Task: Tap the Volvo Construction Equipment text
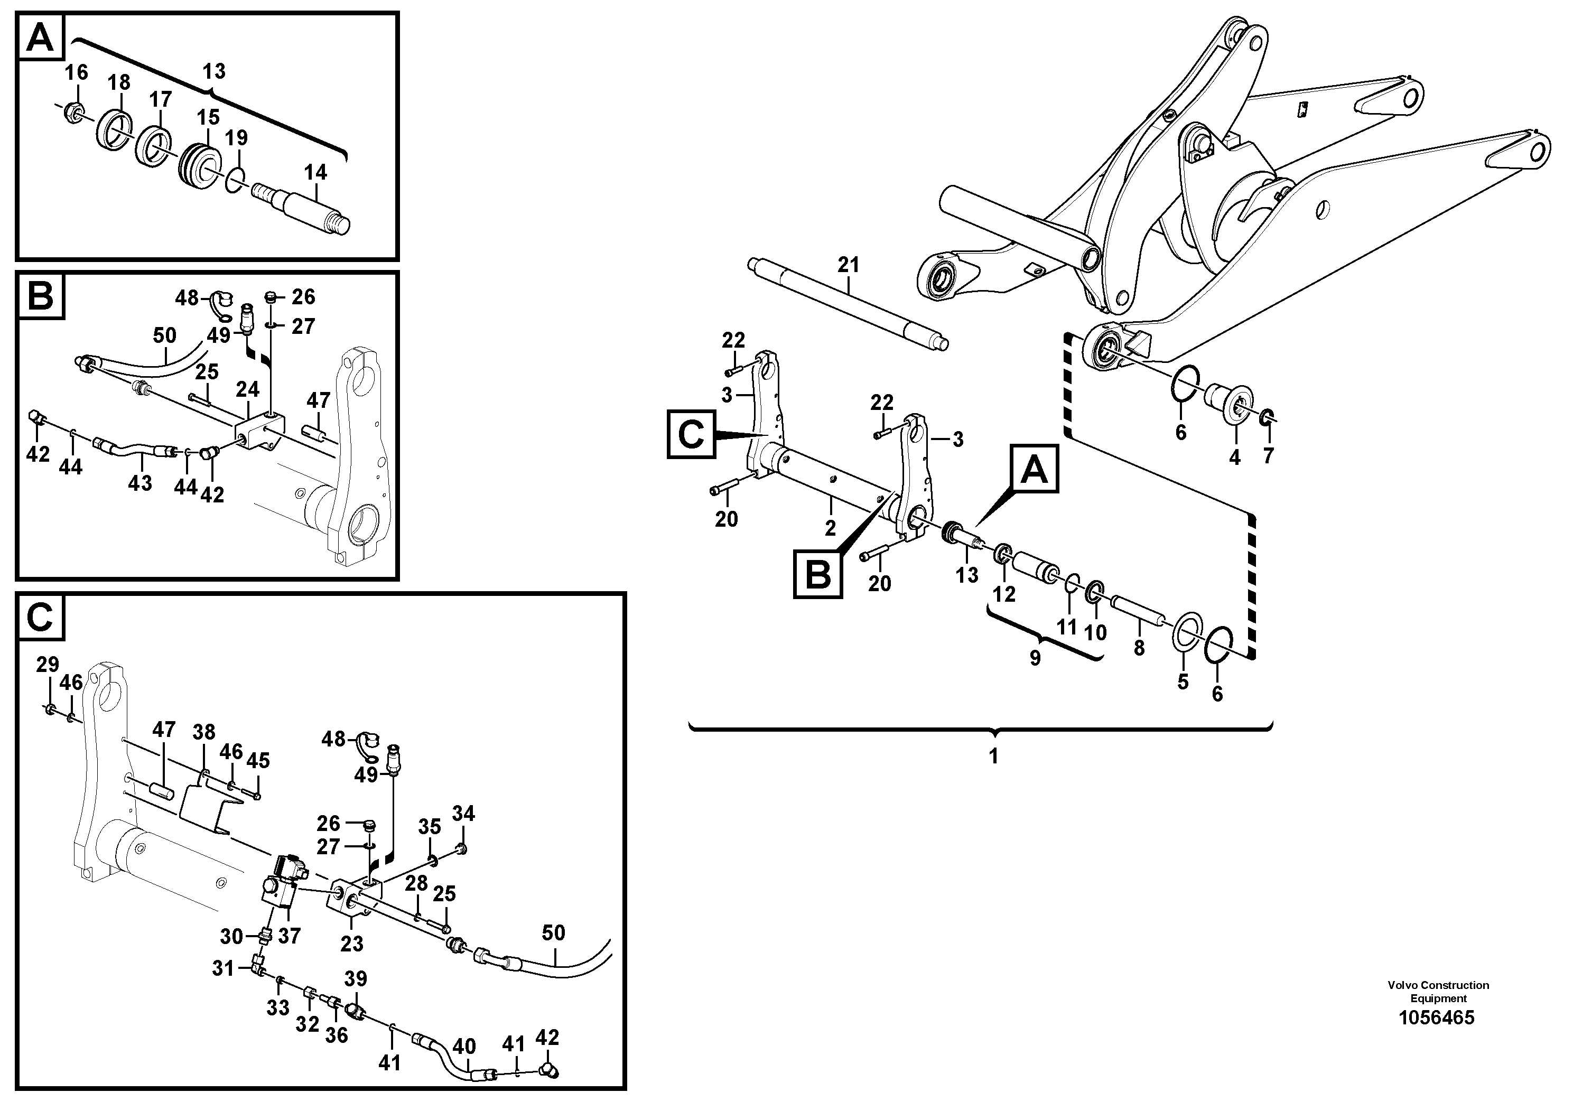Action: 1438,992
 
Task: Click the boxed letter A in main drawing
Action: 1034,469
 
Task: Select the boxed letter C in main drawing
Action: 691,434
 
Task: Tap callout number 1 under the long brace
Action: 993,756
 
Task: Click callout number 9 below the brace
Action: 1035,658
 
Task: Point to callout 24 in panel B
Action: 247,390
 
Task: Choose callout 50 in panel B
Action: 164,335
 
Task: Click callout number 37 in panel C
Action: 289,936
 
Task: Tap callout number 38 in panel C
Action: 203,733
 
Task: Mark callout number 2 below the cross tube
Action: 830,528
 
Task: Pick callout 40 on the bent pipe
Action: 464,1046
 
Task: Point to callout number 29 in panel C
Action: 47,665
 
